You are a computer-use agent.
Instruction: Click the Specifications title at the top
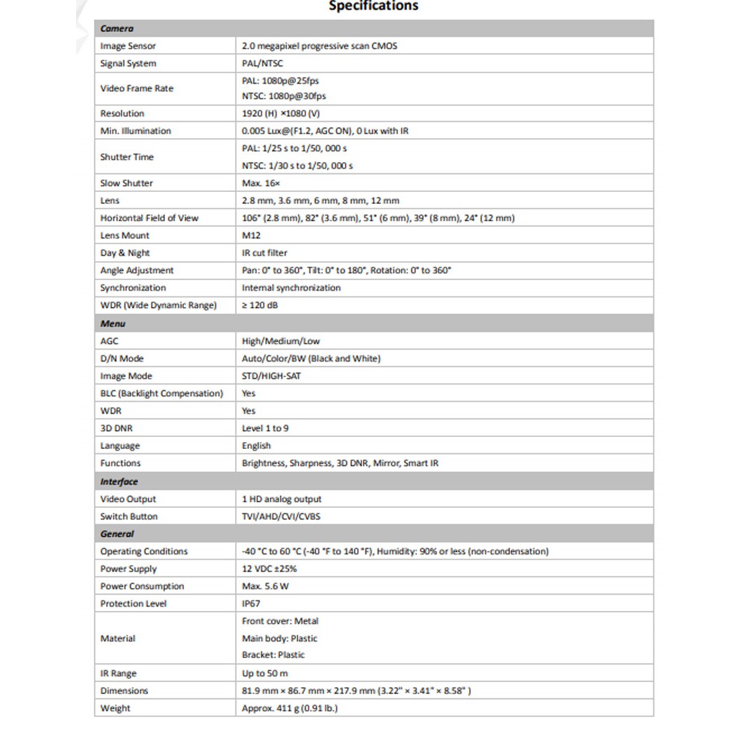coord(373,6)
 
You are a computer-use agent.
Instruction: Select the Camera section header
coord(117,29)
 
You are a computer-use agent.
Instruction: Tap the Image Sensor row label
coord(128,46)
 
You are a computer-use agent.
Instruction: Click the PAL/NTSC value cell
coord(262,63)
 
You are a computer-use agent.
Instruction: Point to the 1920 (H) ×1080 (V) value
coord(281,114)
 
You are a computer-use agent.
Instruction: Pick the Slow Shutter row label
coord(126,183)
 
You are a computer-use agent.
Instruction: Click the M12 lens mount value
coord(251,235)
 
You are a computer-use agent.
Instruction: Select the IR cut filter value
coord(264,253)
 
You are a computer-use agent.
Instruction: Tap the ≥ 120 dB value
coord(260,305)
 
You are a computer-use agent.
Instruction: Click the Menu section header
coord(113,323)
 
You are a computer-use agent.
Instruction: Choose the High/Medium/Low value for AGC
coord(281,341)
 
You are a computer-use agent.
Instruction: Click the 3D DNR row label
coord(117,429)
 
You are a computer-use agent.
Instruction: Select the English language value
coord(256,446)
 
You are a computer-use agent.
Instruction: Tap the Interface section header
coord(119,482)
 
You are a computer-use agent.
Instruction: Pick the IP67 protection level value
coord(251,604)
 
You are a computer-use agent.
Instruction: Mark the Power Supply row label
coord(128,569)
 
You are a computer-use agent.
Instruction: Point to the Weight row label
coord(115,708)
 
